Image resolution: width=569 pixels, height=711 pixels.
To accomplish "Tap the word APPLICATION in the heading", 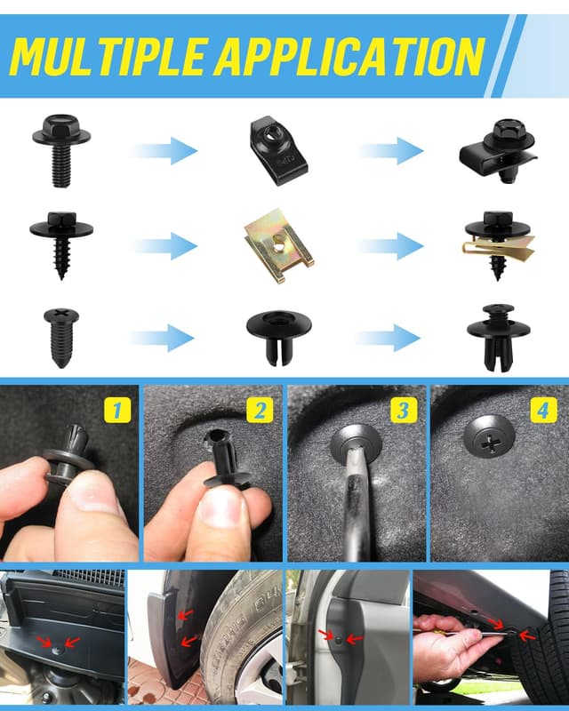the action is [349, 56].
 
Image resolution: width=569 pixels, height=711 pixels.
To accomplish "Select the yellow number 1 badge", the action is [117, 411].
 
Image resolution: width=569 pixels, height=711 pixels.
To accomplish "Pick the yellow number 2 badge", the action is [260, 411].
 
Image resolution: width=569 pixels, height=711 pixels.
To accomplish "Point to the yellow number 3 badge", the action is [404, 411].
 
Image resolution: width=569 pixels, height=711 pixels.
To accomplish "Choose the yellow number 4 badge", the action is [543, 411].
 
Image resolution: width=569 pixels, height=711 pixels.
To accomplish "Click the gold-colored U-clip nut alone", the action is [278, 246].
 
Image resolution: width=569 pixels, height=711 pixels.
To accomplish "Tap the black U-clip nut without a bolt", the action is [278, 150].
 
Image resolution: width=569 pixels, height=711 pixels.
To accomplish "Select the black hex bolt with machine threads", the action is [61, 150].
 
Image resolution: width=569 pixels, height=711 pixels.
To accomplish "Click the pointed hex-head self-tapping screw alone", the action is [61, 245].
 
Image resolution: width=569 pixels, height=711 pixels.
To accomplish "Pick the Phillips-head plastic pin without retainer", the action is [61, 338].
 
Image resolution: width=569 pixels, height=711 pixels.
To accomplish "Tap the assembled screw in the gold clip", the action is [498, 245].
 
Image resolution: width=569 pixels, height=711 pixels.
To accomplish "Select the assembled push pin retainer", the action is [498, 338].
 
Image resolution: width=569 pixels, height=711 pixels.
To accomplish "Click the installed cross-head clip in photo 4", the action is [489, 436].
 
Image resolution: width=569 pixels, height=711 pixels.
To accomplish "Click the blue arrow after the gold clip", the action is [391, 246].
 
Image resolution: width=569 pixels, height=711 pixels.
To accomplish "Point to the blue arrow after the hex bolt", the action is [164, 150].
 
